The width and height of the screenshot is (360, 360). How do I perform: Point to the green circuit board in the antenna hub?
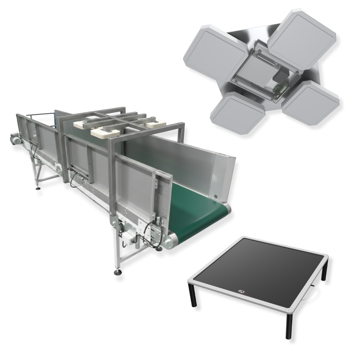(279, 89)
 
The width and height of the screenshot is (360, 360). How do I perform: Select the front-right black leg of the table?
(290, 325)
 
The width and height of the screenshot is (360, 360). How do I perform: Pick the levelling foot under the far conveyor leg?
(37, 187)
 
